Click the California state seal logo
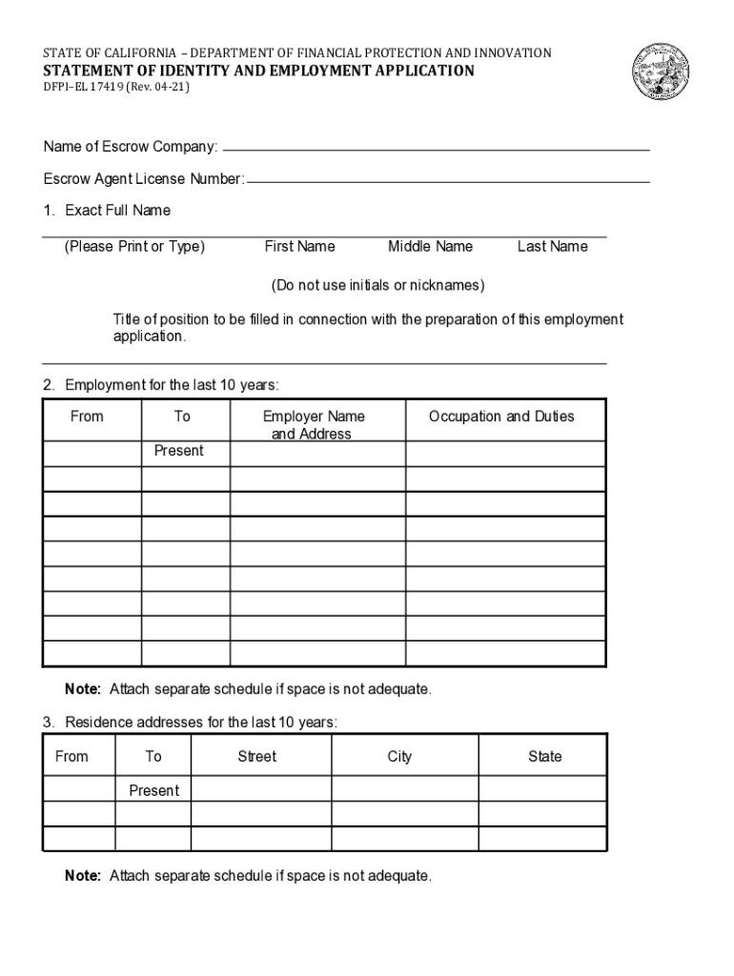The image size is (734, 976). coord(664,74)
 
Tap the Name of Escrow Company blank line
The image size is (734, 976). coord(435,149)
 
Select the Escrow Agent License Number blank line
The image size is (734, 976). coord(448,179)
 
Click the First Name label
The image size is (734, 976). coord(299,247)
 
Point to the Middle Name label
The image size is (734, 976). coord(430,247)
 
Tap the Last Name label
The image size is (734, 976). coord(552,247)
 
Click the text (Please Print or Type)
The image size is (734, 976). coord(134,247)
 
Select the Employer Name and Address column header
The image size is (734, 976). coord(313,425)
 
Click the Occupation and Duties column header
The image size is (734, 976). coord(501,417)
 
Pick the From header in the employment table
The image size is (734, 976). coord(87,417)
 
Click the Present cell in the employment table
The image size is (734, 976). coord(178,451)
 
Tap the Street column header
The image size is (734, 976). coord(256,757)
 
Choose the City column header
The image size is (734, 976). coord(399,757)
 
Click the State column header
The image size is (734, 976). coord(544,757)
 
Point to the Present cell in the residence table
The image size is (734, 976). coord(153,791)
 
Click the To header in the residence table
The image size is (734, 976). coord(153,757)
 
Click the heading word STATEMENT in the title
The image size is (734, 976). coord(91,71)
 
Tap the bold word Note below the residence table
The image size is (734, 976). coord(83,876)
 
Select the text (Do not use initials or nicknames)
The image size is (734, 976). coord(377,286)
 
